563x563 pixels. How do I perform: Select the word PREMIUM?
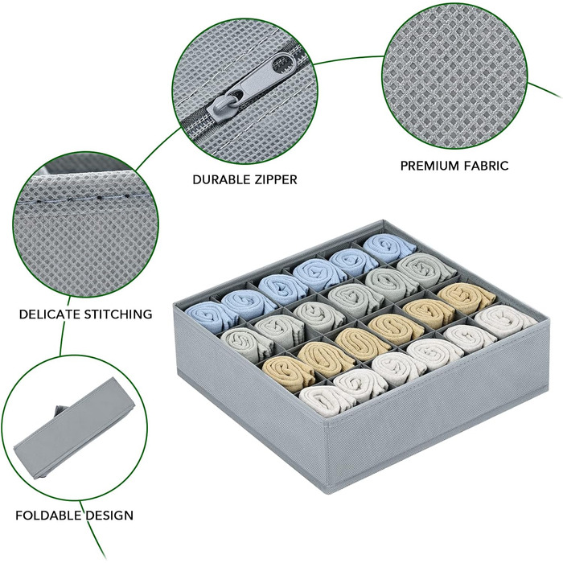click(x=429, y=166)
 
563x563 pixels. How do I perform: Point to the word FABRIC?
click(x=487, y=166)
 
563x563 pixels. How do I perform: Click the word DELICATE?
click(x=50, y=314)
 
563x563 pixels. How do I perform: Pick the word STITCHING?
click(x=118, y=314)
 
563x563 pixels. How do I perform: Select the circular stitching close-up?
click(x=85, y=224)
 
